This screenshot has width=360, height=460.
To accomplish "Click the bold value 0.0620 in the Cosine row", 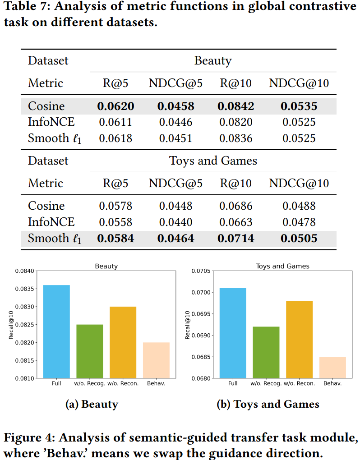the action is coord(115,106).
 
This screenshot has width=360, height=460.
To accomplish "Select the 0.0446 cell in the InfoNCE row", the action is coord(176,122).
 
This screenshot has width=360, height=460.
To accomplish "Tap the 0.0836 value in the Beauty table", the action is coord(236,138).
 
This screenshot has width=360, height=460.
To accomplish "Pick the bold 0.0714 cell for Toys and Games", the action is coord(236,238).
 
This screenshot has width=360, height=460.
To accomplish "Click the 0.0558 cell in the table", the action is coord(115,222).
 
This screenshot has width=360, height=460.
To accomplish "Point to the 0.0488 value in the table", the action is coord(299,206).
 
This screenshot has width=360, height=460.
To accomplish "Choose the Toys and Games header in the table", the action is coord(213,161).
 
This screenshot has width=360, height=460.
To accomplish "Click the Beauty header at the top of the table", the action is coord(213,61).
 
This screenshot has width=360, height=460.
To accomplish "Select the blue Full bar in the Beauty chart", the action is coord(57,331).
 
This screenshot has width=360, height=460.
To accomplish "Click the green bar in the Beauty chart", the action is coord(90,351).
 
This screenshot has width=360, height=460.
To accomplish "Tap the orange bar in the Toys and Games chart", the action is coord(299,340).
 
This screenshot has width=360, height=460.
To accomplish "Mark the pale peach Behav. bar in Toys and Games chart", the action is coord(332,368).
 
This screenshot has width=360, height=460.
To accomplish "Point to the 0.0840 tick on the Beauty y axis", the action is coord(25,271).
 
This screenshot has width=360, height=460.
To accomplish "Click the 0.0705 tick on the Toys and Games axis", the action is coord(201,271).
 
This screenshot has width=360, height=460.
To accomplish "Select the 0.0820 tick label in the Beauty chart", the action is coord(25,343).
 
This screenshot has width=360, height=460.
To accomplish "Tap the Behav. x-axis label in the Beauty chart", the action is coord(156,383).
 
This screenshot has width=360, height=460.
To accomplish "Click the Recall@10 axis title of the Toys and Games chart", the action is coord(188,325).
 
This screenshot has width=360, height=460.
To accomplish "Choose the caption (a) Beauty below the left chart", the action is coord(92,404).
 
